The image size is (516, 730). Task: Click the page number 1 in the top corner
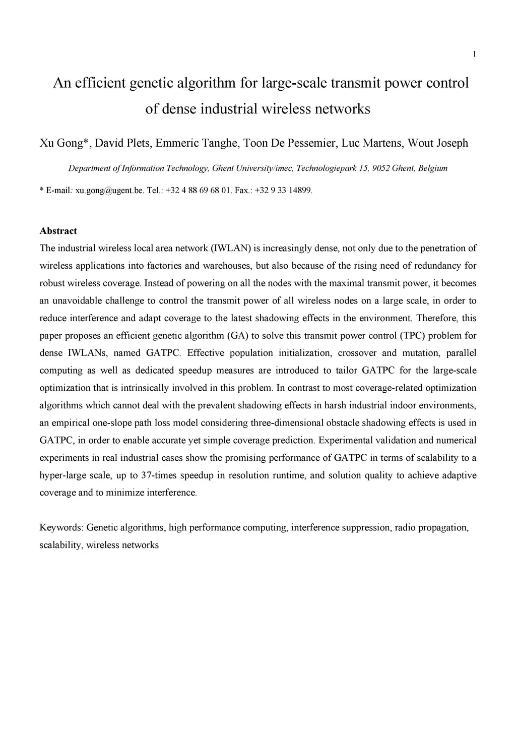474,54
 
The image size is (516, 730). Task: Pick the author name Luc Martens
372,143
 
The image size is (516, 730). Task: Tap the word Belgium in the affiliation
432,168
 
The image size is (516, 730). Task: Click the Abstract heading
58,231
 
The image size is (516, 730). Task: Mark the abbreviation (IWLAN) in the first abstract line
231,249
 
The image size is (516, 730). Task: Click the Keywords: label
61,528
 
